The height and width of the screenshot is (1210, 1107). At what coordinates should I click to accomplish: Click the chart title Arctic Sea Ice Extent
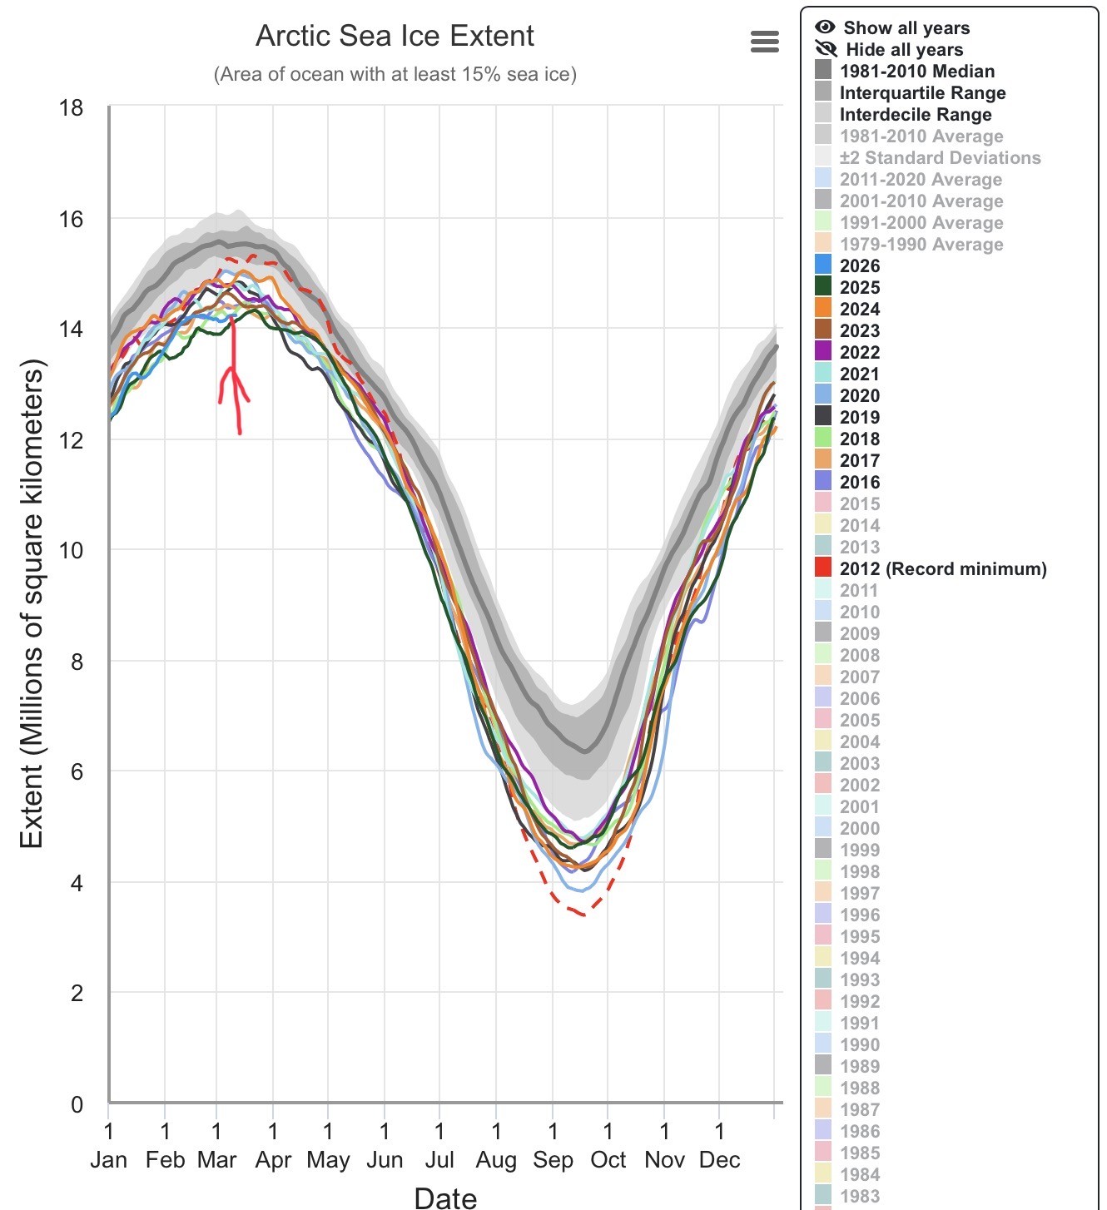coord(395,36)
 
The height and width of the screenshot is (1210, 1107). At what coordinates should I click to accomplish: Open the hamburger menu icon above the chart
coord(764,42)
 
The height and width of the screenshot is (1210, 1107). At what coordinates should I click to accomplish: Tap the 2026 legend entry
coord(859,265)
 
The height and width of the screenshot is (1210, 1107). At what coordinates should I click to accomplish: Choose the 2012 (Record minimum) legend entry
coord(942,568)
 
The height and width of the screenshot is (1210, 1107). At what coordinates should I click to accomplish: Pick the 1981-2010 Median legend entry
coord(916,71)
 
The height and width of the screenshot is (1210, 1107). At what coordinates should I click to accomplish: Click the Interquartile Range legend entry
coord(922,92)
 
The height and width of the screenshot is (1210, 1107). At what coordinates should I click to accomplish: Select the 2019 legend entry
coord(859,417)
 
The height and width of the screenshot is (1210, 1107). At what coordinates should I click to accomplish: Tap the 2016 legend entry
coord(859,482)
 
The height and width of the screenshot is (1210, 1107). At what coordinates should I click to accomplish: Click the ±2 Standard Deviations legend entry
coord(940,157)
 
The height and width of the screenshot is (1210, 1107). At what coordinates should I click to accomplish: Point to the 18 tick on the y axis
coord(72,108)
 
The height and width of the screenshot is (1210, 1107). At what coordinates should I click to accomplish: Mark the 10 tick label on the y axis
coord(72,550)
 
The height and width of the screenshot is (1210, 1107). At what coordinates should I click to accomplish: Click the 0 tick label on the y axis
coord(77,1104)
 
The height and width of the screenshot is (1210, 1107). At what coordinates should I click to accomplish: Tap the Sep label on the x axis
coord(553,1159)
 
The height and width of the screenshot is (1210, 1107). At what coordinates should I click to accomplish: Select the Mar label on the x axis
coord(216,1159)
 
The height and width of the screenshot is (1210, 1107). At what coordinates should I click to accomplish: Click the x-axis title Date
coord(445,1198)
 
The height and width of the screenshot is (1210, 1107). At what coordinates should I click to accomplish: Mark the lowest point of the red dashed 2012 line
coord(584,915)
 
